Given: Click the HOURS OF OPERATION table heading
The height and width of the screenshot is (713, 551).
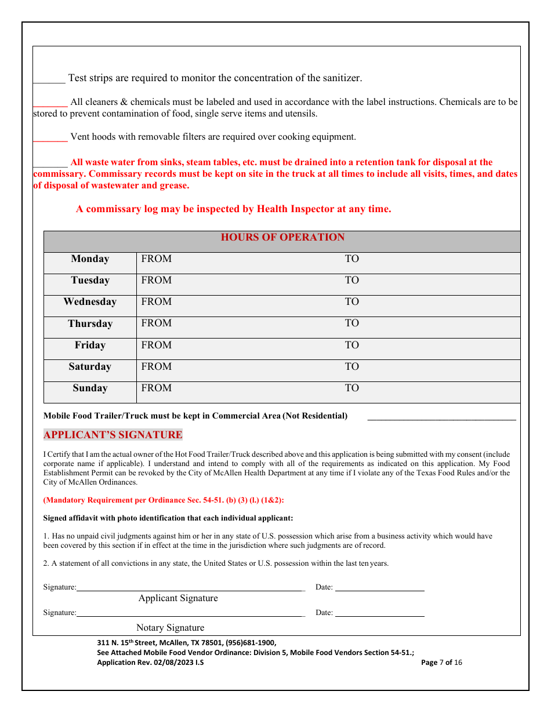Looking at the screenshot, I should [x=282, y=238].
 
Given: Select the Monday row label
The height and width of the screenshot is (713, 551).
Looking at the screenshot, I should [x=90, y=259].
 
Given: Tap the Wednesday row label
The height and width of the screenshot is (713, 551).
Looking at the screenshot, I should [x=90, y=302].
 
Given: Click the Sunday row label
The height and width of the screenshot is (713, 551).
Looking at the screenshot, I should [x=90, y=388].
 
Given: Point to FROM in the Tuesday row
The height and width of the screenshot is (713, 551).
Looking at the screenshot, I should [x=156, y=281].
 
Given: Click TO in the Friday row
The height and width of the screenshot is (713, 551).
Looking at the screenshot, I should [x=352, y=345].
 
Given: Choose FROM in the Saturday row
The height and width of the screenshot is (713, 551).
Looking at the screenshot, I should [x=156, y=367].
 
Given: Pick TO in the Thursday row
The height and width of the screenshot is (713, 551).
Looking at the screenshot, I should [x=352, y=323].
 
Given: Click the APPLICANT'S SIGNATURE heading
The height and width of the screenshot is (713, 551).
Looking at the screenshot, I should [x=113, y=435].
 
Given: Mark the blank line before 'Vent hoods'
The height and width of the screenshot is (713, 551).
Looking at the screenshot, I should [x=50, y=140].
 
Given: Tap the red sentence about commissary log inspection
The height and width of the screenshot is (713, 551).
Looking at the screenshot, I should [x=233, y=209].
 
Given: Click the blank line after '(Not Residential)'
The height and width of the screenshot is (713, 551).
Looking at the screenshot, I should [x=441, y=419].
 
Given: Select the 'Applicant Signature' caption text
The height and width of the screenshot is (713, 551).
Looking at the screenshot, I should [x=178, y=598].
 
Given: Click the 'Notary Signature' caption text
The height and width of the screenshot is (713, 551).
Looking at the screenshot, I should [x=170, y=628].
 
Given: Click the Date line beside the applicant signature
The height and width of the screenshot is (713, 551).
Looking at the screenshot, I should [x=380, y=590].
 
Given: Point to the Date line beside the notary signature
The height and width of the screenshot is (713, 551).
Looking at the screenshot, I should [x=380, y=615].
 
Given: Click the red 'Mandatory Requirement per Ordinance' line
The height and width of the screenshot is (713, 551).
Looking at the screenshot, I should [x=164, y=500].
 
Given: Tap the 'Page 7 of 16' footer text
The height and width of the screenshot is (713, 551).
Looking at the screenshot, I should [x=441, y=663].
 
